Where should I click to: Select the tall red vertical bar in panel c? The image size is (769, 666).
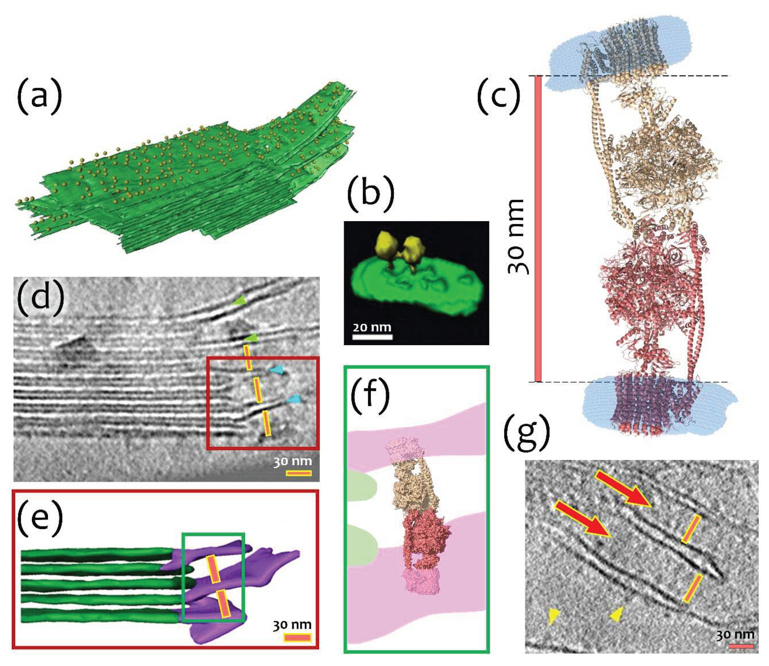(x=538, y=229)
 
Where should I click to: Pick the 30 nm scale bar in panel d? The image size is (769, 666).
(x=298, y=474)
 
